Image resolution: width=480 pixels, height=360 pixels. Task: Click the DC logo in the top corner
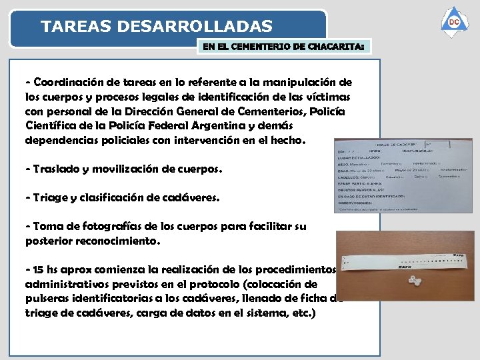[454, 23]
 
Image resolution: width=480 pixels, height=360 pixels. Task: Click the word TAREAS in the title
[75, 27]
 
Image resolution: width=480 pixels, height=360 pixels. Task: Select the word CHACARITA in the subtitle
[333, 47]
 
